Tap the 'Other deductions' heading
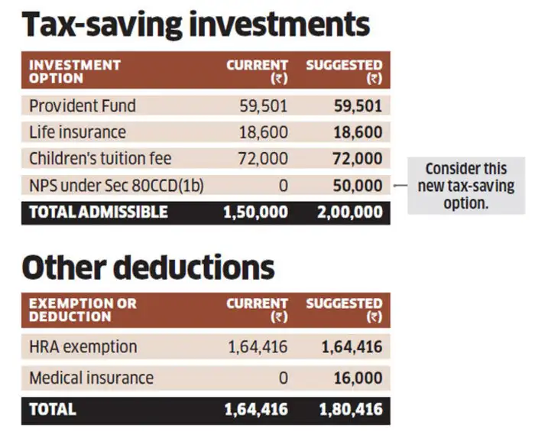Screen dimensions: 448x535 point(148,267)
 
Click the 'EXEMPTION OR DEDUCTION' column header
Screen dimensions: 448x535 point(83,310)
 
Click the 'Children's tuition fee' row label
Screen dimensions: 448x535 point(100,159)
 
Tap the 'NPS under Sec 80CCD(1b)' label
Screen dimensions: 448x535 point(116,185)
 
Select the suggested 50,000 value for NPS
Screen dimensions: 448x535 point(358,185)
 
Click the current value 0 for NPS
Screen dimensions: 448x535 point(283,185)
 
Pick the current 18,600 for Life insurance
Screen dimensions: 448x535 point(264,132)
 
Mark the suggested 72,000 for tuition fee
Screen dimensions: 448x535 point(358,159)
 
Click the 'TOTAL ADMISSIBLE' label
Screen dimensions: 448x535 point(98,212)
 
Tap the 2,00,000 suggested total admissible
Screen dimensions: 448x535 point(352,212)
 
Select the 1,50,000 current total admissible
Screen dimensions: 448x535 point(255,212)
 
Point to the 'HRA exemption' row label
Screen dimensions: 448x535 point(83,347)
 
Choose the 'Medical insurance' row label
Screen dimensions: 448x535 point(91,378)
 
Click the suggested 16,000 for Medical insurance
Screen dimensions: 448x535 point(358,378)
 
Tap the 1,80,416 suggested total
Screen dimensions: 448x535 point(352,409)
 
